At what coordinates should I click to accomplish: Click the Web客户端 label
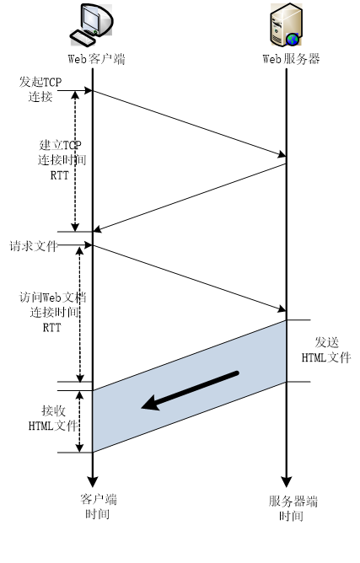(x=96, y=58)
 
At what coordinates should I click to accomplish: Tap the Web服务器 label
(x=291, y=59)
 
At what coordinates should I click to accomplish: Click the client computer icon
(x=91, y=24)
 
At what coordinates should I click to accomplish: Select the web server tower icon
(x=287, y=24)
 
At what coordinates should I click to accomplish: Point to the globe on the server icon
(x=293, y=39)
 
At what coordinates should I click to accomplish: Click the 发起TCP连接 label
(x=40, y=89)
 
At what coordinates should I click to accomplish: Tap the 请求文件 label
(x=34, y=246)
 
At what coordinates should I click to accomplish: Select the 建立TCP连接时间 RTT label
(x=62, y=160)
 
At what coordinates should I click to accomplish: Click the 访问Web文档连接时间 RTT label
(x=52, y=312)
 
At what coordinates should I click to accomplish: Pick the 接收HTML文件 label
(x=53, y=418)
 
